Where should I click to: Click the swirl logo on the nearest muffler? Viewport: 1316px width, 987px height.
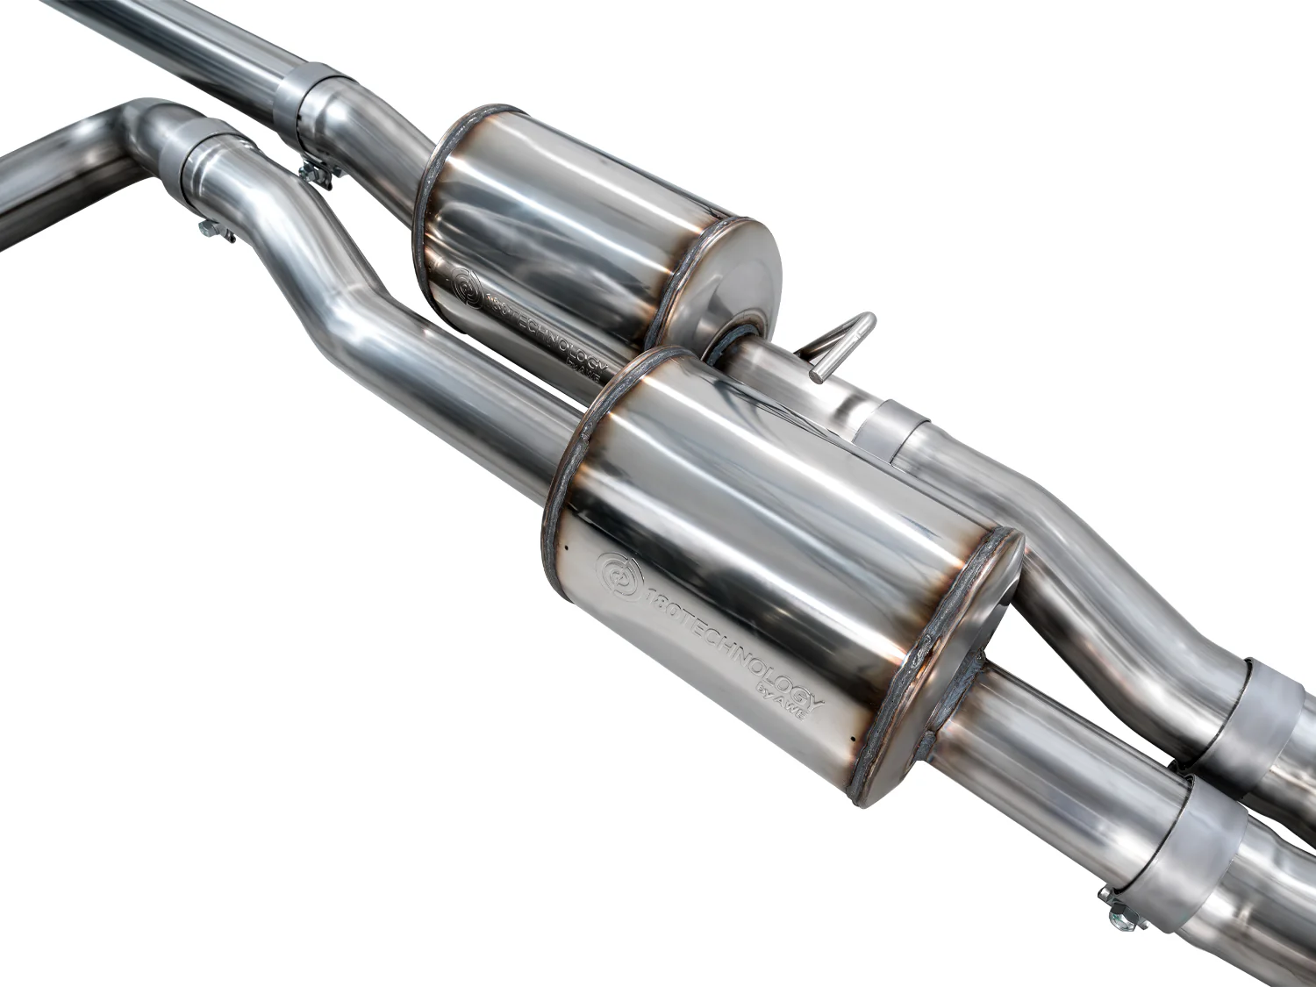point(619,576)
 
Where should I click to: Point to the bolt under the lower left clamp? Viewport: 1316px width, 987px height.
point(216,232)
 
